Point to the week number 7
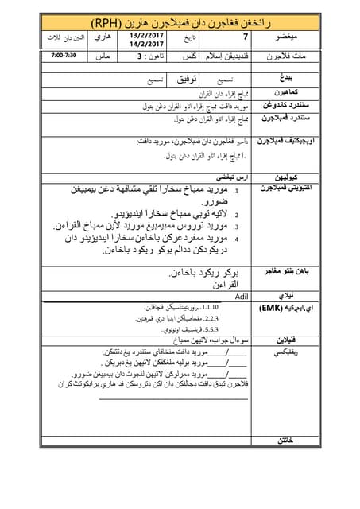click(x=244, y=37)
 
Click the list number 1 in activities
click(x=236, y=192)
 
